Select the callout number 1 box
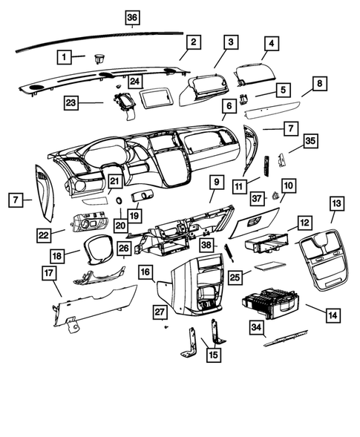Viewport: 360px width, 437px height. point(66,56)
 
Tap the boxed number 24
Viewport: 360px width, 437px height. point(134,81)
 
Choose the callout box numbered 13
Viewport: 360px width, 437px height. point(337,203)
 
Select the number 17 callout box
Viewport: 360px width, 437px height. point(49,273)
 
